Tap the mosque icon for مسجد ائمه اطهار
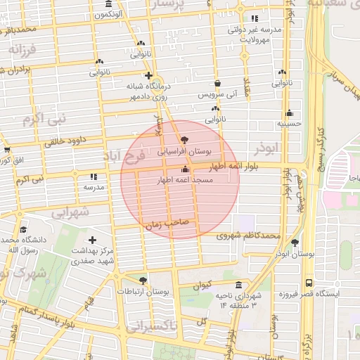185,169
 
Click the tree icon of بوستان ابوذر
296,243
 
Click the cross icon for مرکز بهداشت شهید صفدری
92,240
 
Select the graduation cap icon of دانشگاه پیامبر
23,229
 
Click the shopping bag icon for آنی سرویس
217,82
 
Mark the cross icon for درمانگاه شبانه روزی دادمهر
148,75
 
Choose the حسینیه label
288,123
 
